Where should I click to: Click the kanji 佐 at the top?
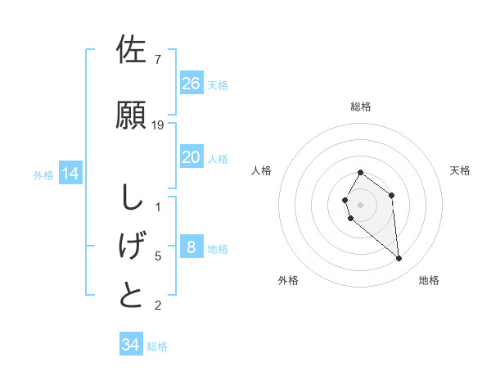tap(132, 50)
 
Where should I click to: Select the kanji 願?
tap(132, 114)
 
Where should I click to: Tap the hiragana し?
tap(132, 197)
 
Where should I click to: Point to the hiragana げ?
tap(132, 245)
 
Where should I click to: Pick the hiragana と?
tap(132, 295)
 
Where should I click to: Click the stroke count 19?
tap(158, 125)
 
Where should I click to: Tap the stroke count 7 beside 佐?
tap(157, 60)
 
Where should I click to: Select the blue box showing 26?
tap(191, 84)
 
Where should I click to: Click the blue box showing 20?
tap(191, 157)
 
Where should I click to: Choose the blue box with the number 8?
tap(191, 247)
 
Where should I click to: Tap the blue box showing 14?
tap(70, 174)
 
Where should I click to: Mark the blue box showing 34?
tap(131, 345)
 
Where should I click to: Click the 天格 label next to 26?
tap(218, 85)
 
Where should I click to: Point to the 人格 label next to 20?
tap(218, 159)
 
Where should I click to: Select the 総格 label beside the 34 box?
tap(157, 346)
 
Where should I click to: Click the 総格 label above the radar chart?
tap(361, 106)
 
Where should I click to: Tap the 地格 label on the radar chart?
tap(429, 280)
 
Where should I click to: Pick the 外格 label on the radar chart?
tap(288, 280)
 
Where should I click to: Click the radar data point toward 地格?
tap(399, 259)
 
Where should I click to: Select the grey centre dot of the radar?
tap(361, 204)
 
